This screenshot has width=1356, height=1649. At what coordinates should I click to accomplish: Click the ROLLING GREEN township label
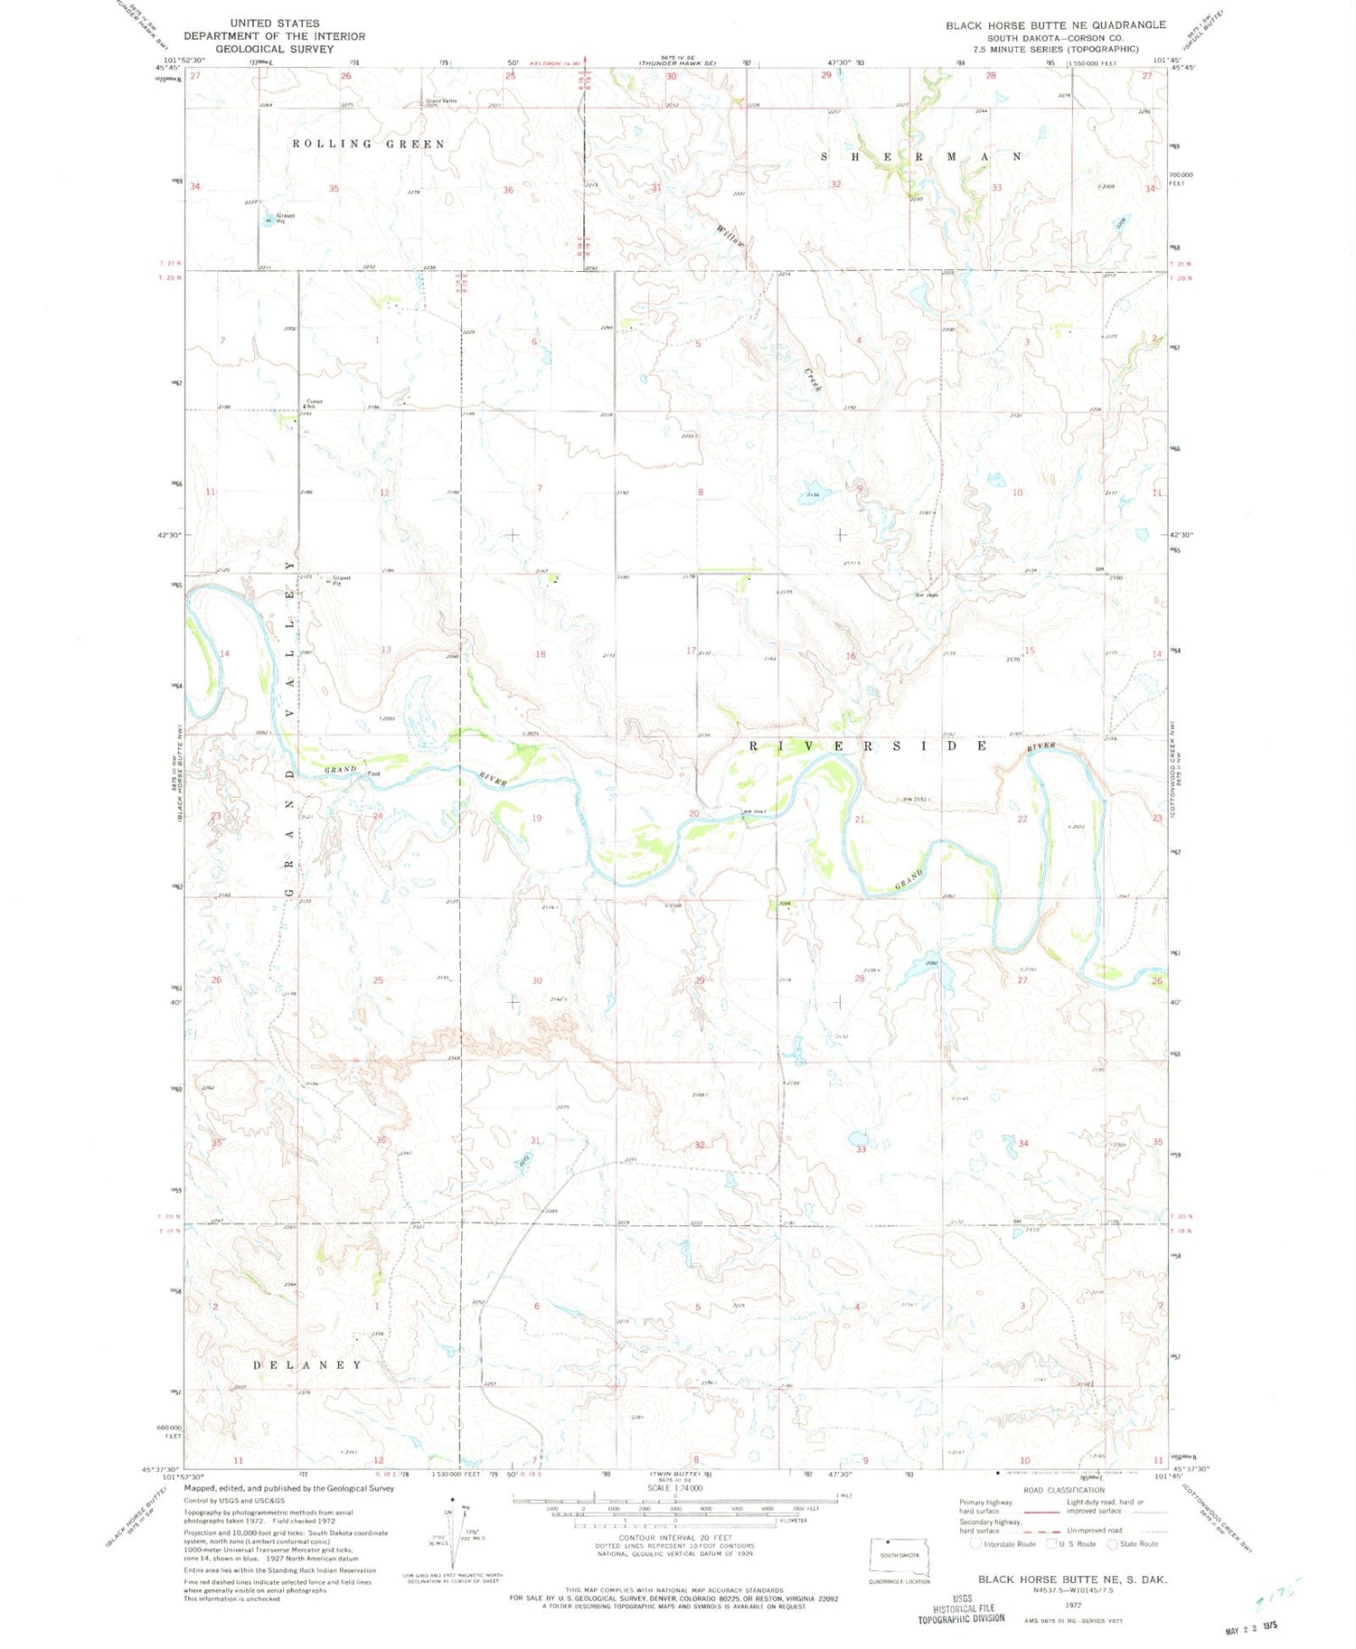click(x=368, y=144)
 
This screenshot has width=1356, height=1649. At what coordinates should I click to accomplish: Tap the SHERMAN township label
click(x=921, y=156)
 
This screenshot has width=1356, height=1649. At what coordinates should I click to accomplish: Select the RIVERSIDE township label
click(x=868, y=746)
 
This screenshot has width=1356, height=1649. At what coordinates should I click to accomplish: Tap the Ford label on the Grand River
click(x=373, y=773)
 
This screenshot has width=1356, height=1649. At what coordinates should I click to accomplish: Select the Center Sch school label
click(x=314, y=403)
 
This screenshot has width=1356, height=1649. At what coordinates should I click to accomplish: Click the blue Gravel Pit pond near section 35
click(x=268, y=220)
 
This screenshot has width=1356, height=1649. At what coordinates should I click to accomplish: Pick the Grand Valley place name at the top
click(x=441, y=101)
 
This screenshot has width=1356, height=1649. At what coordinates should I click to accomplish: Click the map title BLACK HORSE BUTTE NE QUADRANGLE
click(x=1055, y=25)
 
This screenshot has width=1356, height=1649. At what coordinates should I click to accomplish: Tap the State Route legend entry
click(x=1137, y=1543)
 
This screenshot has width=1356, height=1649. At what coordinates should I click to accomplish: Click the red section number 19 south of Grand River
click(x=536, y=819)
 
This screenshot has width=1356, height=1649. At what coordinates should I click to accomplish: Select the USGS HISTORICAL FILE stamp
click(x=961, y=1607)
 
